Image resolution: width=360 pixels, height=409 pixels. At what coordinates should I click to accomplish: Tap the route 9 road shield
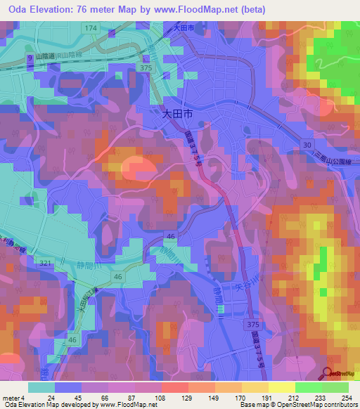point(30,57)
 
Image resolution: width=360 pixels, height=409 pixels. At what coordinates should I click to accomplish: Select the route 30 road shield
point(307,144)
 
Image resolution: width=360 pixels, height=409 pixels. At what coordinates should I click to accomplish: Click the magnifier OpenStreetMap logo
point(328,375)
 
